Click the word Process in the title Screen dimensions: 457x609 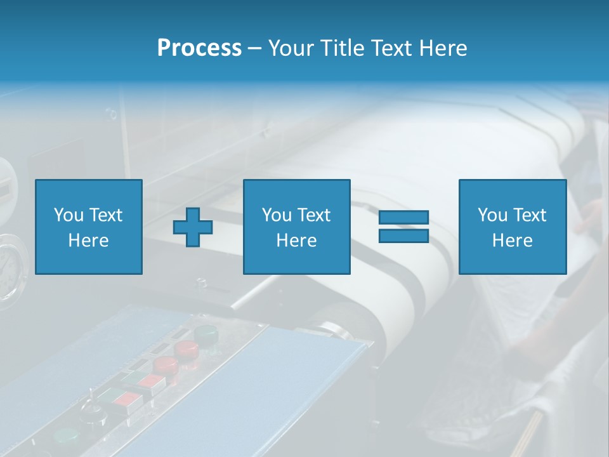click(199, 48)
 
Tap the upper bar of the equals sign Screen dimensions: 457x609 click(403, 217)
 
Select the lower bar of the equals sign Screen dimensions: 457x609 click(403, 235)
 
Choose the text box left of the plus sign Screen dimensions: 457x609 click(88, 227)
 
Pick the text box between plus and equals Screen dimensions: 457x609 click(296, 227)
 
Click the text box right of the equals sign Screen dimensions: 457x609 click(512, 227)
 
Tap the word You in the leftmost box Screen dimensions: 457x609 click(69, 215)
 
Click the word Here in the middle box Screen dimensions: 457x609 click(296, 241)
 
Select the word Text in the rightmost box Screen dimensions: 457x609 click(530, 215)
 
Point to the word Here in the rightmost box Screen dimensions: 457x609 click(512, 241)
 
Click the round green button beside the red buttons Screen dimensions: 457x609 click(206, 333)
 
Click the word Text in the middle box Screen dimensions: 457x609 click(315, 215)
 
